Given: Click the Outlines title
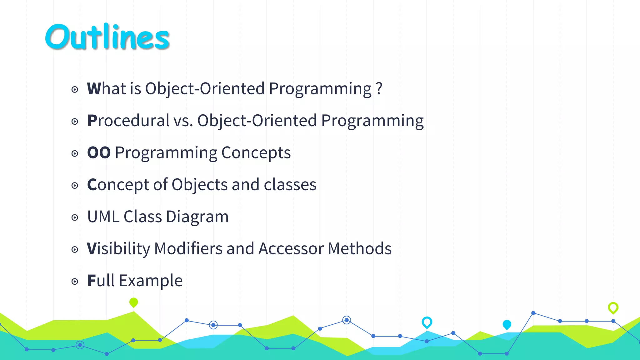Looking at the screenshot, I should pos(107,37).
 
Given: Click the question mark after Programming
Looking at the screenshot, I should pos(379,89).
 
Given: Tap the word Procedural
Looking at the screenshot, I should pos(128,121).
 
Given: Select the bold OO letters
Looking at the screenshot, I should pos(99,153).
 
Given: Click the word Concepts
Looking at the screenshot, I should pos(256,153).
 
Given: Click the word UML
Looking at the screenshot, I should pos(103,217).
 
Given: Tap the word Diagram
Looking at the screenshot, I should pos(197,217).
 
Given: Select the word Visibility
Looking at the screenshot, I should pos(118,249).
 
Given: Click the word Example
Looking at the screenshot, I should pos(151,281).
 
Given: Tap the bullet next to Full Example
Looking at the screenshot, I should pos(75,282).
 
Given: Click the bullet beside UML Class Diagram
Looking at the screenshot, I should pos(75,217).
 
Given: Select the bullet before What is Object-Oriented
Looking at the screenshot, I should pos(75,90).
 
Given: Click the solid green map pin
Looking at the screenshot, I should pos(133,302).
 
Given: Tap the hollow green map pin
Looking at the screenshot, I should pos(613,307).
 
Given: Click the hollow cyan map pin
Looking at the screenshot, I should pos(427,322).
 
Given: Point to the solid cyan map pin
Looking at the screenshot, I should pos(507,324).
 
